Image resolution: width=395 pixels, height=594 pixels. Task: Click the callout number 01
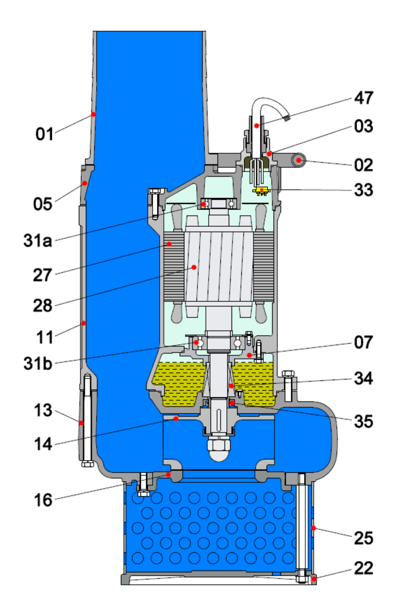[x=45, y=134]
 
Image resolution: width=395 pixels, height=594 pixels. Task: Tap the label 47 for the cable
[x=364, y=98]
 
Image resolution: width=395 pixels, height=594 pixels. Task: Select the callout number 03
[x=364, y=126]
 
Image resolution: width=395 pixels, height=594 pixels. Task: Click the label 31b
[x=38, y=362]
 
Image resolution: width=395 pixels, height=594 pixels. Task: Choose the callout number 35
[x=364, y=421]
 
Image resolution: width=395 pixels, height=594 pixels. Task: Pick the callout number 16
[x=44, y=500]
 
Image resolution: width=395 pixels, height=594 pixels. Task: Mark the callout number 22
[x=364, y=568]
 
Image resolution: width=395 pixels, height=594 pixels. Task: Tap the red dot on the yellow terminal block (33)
[x=262, y=190]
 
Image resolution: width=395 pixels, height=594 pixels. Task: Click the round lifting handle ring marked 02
[x=297, y=161]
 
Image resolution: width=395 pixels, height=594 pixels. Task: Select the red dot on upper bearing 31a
[x=204, y=204]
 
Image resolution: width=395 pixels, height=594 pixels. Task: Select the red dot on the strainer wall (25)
[x=314, y=529]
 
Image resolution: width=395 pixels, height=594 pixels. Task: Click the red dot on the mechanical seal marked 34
[x=231, y=386]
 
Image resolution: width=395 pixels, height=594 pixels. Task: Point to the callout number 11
[x=45, y=337]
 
